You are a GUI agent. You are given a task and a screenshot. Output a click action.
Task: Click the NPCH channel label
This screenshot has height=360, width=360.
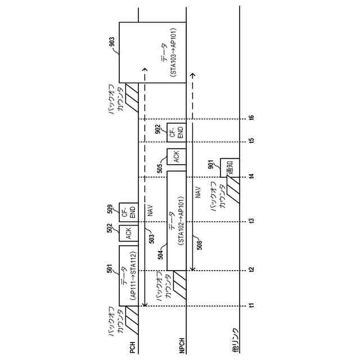(x=182, y=347)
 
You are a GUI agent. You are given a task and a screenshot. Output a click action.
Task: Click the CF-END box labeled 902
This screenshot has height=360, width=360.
(x=176, y=130)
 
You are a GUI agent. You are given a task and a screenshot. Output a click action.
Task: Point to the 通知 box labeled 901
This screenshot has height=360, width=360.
(x=229, y=167)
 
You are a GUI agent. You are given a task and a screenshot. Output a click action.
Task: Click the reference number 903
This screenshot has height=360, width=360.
(x=112, y=40)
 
